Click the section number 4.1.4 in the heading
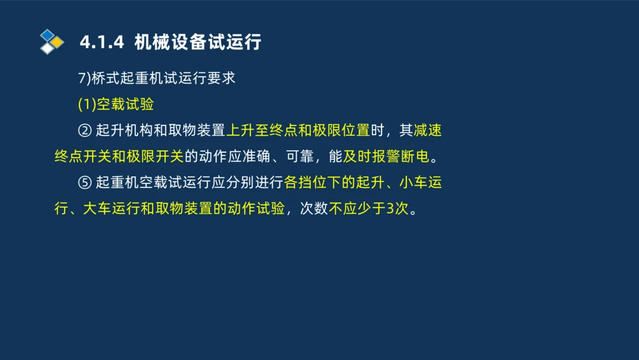tap(100, 43)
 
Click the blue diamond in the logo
tap(47, 35)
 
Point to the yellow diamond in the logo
tap(57, 42)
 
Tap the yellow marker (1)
tap(87, 104)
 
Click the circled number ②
tap(85, 130)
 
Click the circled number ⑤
tap(85, 183)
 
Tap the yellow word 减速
tap(427, 130)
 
